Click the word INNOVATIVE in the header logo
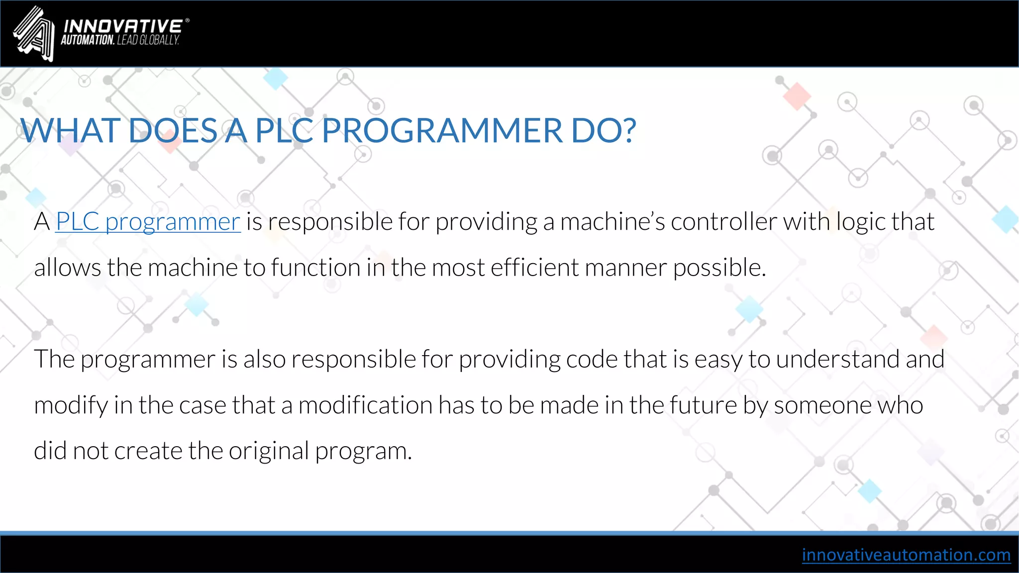coord(123,26)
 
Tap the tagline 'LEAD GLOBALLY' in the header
coord(148,40)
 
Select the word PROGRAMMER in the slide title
coord(442,131)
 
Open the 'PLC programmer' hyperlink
coord(148,222)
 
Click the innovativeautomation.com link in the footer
coord(906,555)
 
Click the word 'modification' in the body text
coord(365,405)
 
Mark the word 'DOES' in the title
coord(173,131)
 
